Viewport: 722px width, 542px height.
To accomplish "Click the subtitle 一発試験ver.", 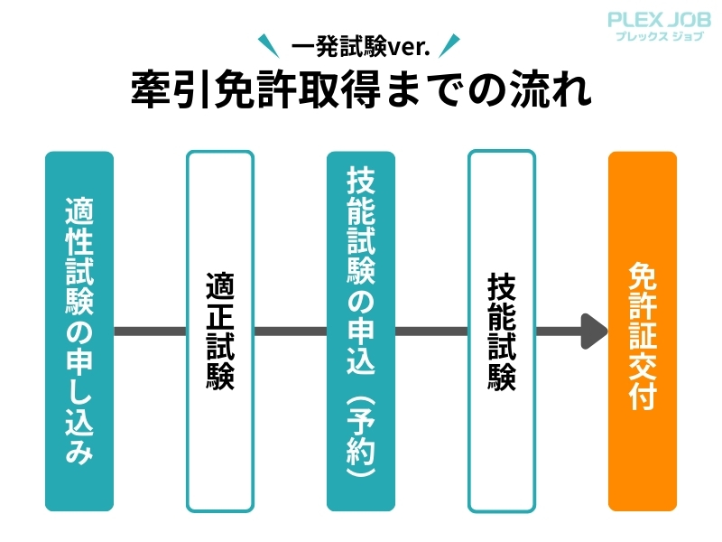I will tap(361, 41).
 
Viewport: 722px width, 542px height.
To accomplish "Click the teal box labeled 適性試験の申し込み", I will tap(79, 331).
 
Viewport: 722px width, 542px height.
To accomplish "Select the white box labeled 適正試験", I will tap(220, 331).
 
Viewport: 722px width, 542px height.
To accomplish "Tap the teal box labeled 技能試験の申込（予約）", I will tap(361, 331).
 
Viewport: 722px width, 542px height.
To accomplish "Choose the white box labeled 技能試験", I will tap(502, 331).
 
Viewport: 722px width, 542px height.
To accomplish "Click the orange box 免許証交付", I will tap(642, 331).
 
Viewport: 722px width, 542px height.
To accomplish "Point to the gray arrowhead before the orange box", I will tap(594, 332).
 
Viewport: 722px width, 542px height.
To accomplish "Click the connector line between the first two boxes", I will tap(150, 332).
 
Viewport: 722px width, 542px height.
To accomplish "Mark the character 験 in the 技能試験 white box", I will tap(502, 375).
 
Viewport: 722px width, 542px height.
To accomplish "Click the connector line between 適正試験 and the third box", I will tap(291, 332).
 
